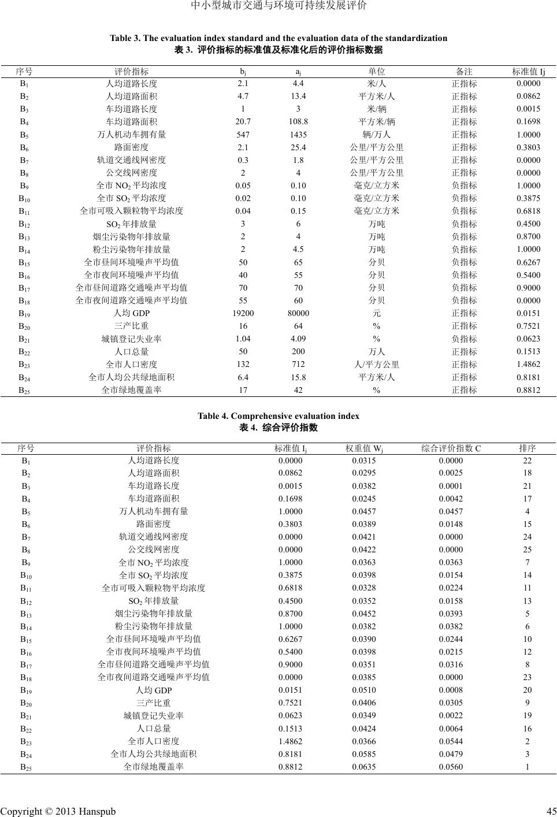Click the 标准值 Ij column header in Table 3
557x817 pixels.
click(528, 72)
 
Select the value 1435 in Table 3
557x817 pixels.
click(298, 135)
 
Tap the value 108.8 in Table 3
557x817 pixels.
click(298, 122)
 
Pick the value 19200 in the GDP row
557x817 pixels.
click(243, 313)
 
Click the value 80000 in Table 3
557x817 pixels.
click(298, 313)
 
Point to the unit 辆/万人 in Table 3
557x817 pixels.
click(377, 135)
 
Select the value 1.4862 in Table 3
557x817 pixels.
click(528, 364)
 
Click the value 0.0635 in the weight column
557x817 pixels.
click(363, 767)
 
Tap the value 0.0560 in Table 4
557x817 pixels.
click(450, 767)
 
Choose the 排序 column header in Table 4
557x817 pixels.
click(527, 448)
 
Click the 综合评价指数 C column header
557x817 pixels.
click(451, 448)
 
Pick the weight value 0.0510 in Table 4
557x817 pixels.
click(363, 690)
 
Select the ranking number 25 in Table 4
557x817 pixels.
click(527, 549)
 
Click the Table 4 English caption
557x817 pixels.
click(278, 416)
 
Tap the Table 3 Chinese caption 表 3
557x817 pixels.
click(278, 50)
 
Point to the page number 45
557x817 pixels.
click(551, 811)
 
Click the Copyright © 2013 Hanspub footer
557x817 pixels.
click(58, 811)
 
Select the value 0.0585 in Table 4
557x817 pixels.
click(363, 754)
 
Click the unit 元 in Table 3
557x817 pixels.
click(377, 313)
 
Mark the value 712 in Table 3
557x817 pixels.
click(298, 364)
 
